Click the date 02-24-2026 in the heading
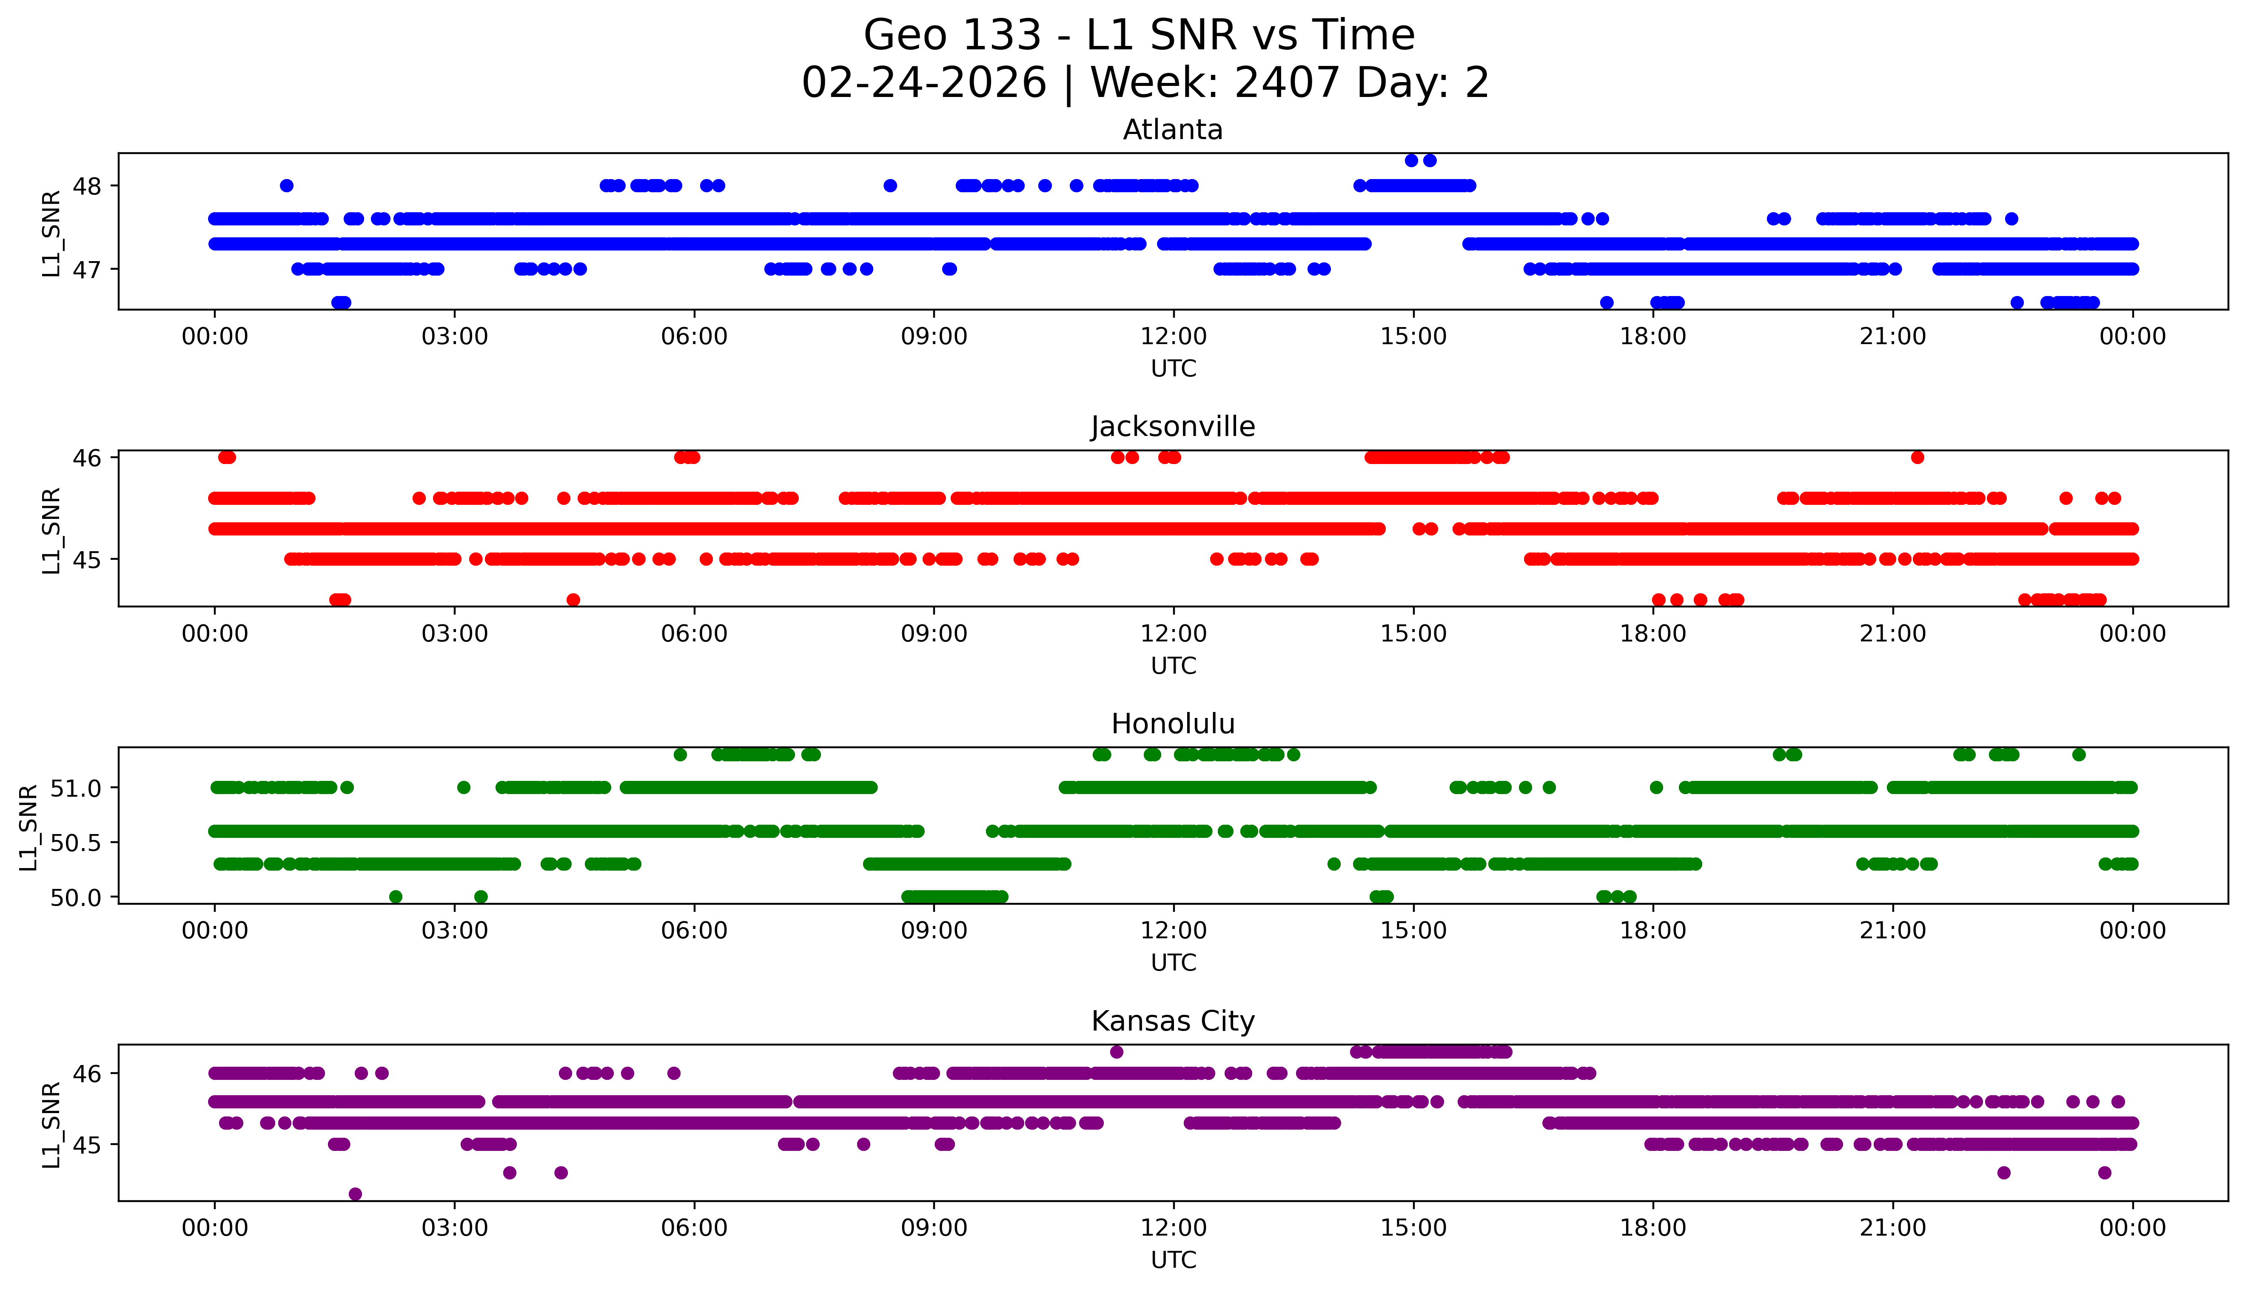pyautogui.click(x=924, y=83)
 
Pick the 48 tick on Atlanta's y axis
pyautogui.click(x=88, y=186)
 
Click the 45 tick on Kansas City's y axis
pyautogui.click(x=88, y=1145)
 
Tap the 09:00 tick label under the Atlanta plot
pyautogui.click(x=934, y=337)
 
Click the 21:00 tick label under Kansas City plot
pyautogui.click(x=1892, y=1228)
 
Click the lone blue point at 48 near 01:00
pyautogui.click(x=286, y=186)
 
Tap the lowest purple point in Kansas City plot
pyautogui.click(x=355, y=1194)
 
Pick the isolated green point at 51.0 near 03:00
pyautogui.click(x=463, y=788)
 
